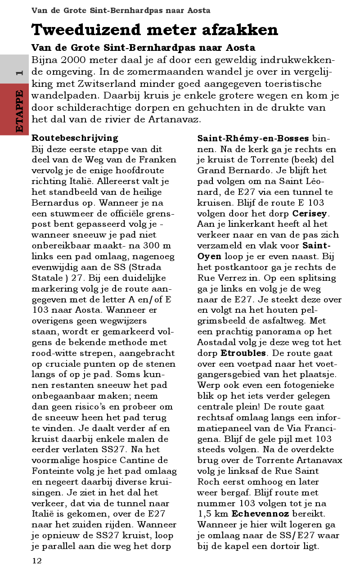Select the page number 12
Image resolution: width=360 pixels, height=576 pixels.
36,561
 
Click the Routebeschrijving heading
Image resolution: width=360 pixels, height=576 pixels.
75,138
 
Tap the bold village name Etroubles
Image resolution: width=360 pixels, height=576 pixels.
243,353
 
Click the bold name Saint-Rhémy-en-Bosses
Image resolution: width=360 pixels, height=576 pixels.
253,138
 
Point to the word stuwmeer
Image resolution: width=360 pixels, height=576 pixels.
71,213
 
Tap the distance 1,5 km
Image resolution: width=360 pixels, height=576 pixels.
212,513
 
